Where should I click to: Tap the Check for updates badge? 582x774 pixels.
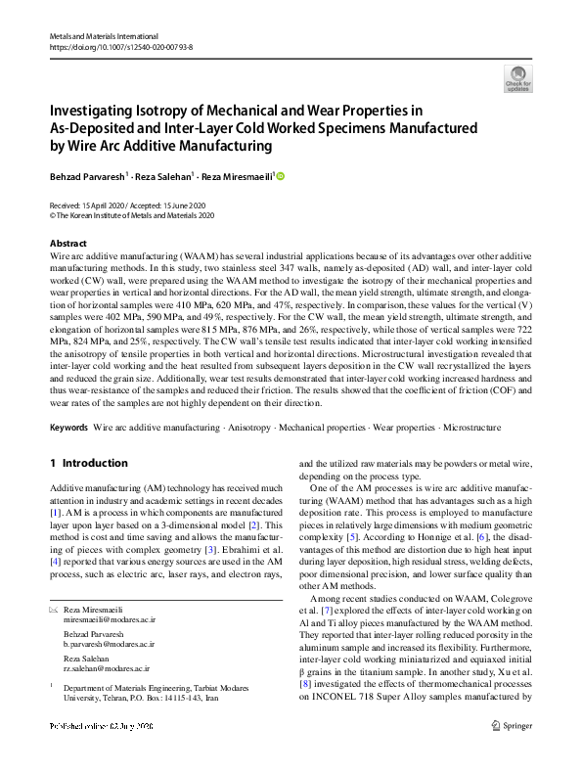517,78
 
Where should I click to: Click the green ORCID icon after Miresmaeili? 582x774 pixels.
281,177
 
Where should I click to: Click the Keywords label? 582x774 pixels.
68,428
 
